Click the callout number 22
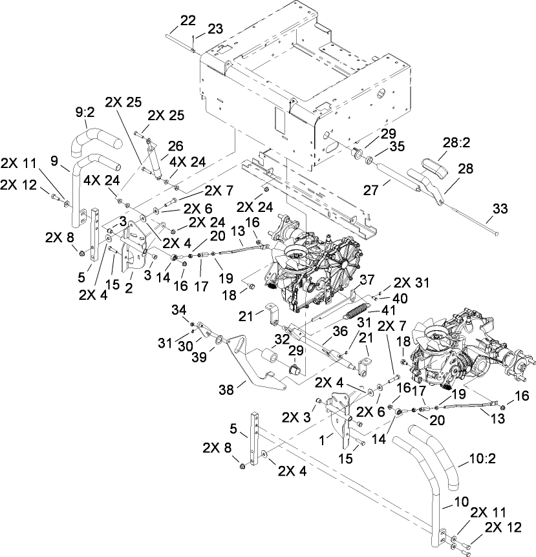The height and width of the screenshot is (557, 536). point(188,21)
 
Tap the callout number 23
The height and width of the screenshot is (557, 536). point(214,29)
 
